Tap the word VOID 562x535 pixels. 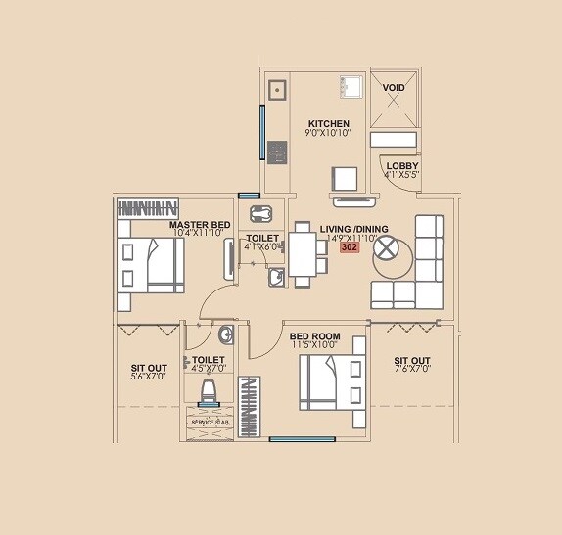click(394, 88)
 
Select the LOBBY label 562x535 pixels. click(401, 166)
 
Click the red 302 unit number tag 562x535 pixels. click(349, 248)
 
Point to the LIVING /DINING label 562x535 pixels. click(353, 229)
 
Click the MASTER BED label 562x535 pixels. click(200, 225)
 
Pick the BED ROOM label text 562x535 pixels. click(313, 335)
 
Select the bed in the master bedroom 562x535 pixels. click(152, 265)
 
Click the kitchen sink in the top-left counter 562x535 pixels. click(278, 91)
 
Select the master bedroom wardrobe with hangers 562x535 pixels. click(149, 207)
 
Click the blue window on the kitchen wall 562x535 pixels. click(261, 131)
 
